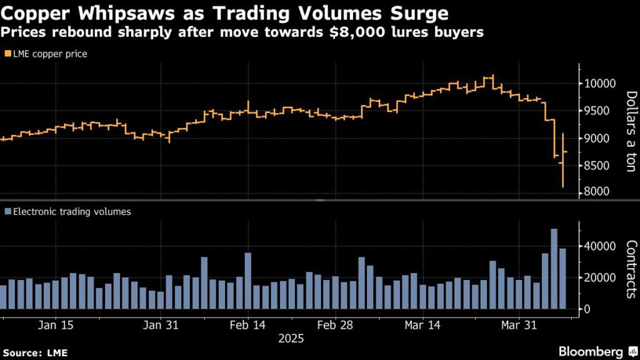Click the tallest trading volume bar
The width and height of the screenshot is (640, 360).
click(554, 269)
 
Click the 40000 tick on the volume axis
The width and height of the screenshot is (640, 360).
click(597, 246)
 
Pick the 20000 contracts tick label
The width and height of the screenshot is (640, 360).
click(597, 277)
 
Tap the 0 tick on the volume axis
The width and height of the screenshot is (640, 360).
click(586, 309)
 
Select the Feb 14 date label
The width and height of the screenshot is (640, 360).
click(248, 325)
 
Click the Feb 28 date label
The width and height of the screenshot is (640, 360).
click(336, 325)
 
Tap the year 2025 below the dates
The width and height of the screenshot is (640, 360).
click(291, 339)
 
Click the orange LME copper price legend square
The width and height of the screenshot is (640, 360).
click(7, 54)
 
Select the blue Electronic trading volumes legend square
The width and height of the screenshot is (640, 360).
click(7, 212)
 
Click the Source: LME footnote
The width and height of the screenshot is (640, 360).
click(34, 352)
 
